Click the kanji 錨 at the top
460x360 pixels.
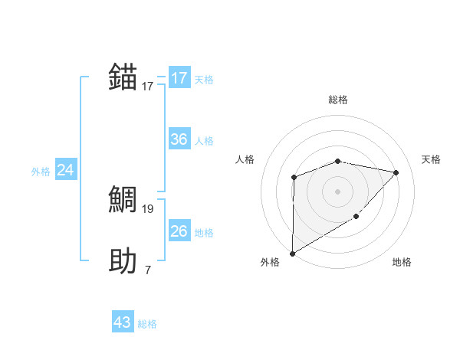[x=123, y=78]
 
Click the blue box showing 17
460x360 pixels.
[x=179, y=78]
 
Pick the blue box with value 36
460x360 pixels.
[x=179, y=139]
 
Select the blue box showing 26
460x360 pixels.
[x=179, y=231]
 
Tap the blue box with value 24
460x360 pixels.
[x=66, y=170]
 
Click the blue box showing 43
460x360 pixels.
[x=123, y=322]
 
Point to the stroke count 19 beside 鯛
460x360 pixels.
[x=148, y=208]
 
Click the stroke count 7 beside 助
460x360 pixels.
[x=147, y=270]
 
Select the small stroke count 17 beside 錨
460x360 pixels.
[x=148, y=87]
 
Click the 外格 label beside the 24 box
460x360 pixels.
[x=41, y=172]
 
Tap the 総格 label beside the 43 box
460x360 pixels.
[x=147, y=324]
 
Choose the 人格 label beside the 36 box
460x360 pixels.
[x=204, y=141]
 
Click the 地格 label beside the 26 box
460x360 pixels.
[x=204, y=233]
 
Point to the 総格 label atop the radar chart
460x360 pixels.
[x=338, y=100]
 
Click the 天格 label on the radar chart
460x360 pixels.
[x=432, y=159]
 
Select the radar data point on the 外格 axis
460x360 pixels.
[x=292, y=253]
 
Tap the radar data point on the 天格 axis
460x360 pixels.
[x=396, y=172]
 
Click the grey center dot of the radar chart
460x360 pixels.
[x=337, y=191]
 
